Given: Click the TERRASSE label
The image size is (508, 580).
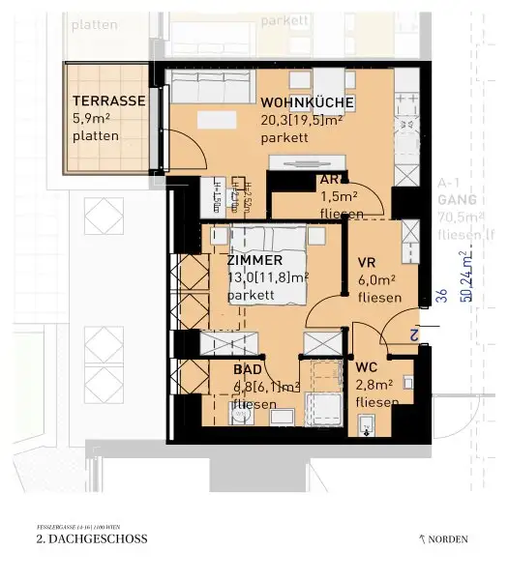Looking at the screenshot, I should pos(108,101).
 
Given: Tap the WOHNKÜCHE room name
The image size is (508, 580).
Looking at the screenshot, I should pos(306,103).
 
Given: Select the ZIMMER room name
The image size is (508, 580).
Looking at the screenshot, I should pos(254,260).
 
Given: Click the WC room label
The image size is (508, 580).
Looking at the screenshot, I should pos(367,368).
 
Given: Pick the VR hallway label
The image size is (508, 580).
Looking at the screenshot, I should pos(367,263).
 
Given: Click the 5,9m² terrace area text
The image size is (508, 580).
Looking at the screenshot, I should pos(92,118).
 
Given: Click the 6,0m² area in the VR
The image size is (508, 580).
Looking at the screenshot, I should pos(376,280).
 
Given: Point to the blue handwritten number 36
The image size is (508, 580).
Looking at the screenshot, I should pos(440,297).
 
